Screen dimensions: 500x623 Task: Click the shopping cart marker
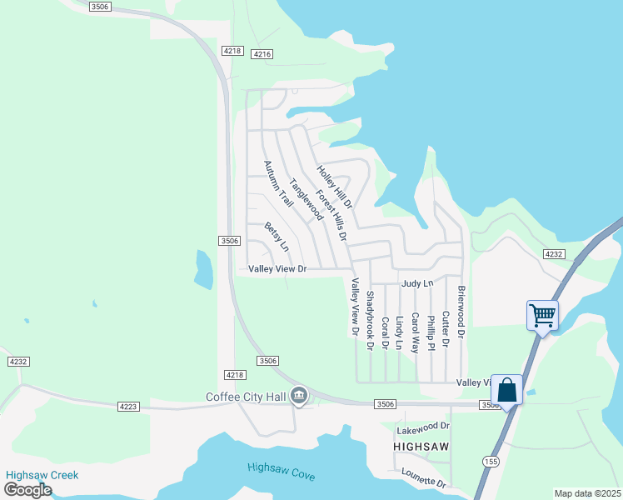point(542,316)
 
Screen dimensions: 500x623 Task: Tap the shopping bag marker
point(506,390)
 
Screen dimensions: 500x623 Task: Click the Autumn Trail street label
point(279,184)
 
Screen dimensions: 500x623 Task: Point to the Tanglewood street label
point(306,199)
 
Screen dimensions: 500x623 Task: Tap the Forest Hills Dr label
point(331,214)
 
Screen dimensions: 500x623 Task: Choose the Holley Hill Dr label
point(335,187)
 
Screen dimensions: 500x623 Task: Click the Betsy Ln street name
point(277,236)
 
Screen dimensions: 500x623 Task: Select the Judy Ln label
point(417,283)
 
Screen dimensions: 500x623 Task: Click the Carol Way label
point(415,332)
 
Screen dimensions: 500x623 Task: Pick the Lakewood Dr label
point(423,427)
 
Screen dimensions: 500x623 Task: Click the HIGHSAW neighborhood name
point(421,447)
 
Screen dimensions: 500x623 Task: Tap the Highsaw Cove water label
point(281,471)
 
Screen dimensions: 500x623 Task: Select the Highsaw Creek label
point(42,475)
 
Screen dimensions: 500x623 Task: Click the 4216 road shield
point(262,54)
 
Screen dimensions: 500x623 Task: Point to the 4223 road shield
point(127,406)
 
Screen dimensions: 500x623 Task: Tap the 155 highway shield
point(489,460)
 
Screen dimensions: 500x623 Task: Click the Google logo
point(27,489)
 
